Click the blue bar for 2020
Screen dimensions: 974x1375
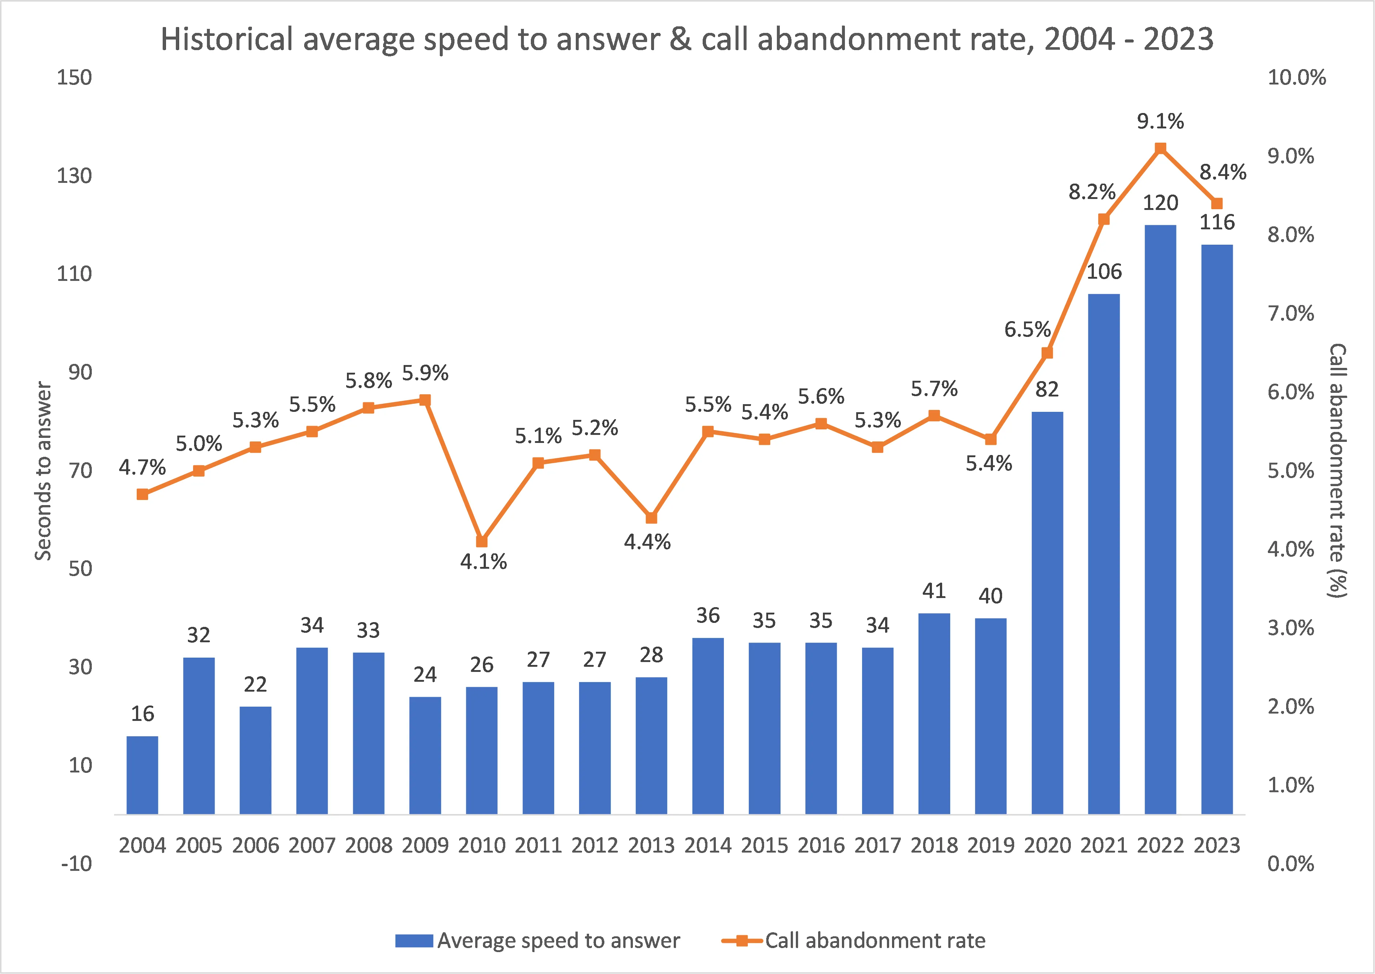pos(1047,612)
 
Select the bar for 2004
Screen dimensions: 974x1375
pos(143,775)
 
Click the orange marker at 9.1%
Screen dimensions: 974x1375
pos(1160,148)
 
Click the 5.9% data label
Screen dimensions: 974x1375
pos(425,373)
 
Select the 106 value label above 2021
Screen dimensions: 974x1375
pos(1104,272)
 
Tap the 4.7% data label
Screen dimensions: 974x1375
pos(142,467)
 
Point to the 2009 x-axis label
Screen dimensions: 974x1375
pos(425,845)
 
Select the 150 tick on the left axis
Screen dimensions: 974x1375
pos(74,78)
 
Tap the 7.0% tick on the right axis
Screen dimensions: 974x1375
pos(1291,313)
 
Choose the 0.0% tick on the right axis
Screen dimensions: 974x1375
pos(1291,864)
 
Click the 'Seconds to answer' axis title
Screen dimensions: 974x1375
pos(43,471)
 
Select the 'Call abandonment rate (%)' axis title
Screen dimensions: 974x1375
pos(1338,471)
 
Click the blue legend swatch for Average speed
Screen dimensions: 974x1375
pos(413,940)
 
